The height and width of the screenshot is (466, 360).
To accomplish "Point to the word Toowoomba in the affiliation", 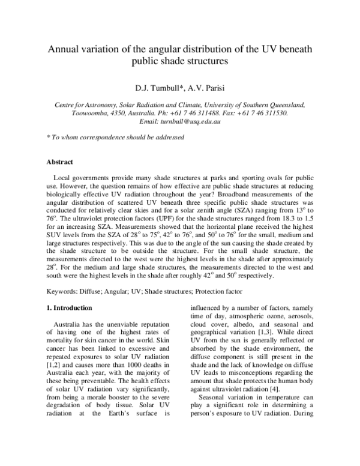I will (74, 112).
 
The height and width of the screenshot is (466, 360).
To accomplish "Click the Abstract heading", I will (60, 162).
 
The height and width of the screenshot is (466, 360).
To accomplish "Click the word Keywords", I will (62, 291).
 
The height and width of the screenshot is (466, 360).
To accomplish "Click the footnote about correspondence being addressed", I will (115, 137).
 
